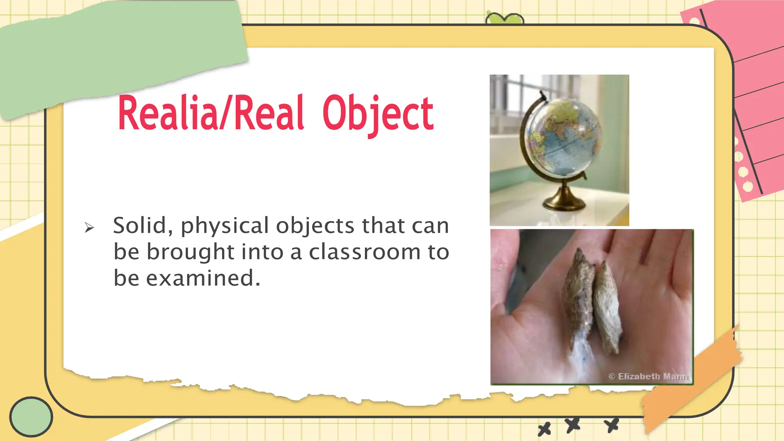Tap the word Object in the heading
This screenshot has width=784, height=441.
click(377, 114)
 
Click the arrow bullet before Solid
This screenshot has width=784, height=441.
click(89, 228)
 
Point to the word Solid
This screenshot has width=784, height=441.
click(140, 225)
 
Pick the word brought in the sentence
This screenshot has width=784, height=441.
click(190, 252)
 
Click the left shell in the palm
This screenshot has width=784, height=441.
click(578, 291)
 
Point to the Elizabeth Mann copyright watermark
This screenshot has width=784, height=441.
click(648, 376)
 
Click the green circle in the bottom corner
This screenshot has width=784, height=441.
click(31, 416)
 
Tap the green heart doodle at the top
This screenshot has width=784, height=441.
click(504, 19)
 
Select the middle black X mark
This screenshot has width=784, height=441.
click(573, 425)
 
